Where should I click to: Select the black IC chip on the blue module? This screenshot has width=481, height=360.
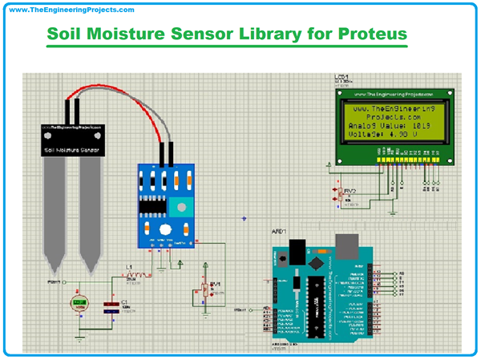tap(150, 207)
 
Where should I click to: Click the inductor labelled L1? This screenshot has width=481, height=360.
tap(131, 275)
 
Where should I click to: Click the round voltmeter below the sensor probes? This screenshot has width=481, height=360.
tap(80, 304)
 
